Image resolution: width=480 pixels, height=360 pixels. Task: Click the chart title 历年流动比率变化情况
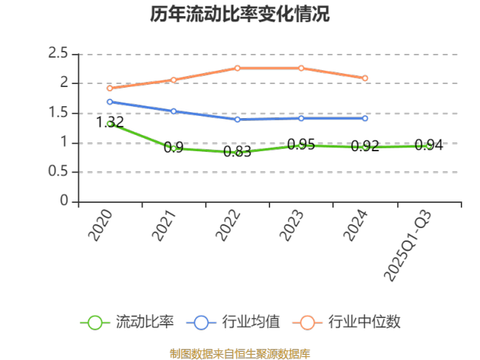pos(239,14)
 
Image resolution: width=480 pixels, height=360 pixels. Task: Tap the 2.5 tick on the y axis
pos(58,53)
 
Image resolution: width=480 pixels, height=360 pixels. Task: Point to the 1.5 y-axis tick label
pos(58,113)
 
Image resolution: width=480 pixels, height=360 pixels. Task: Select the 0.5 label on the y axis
pos(58,172)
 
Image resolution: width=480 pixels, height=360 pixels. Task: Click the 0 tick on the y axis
pos(64,201)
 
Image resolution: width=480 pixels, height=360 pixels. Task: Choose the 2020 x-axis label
pos(100,225)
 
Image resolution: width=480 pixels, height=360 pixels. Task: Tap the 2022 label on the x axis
pos(229,225)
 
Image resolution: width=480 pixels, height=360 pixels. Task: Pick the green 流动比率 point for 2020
pos(110,123)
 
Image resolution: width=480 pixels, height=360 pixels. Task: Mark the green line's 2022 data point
pos(238,153)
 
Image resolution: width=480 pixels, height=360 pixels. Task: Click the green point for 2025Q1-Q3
pos(429,146)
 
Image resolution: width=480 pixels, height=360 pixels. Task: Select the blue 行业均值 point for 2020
pos(110,102)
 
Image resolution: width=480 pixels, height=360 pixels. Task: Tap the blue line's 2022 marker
pos(238,120)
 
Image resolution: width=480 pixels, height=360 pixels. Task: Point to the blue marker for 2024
pos(366,118)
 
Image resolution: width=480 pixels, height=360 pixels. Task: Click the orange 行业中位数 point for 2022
pos(238,68)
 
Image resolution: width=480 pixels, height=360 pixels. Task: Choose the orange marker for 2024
pos(366,78)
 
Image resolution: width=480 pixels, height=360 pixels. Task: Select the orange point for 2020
pos(110,89)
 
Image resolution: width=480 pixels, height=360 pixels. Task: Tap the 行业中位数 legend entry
pos(346,322)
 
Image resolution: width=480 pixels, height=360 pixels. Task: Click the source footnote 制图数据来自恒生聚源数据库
pos(239,353)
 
